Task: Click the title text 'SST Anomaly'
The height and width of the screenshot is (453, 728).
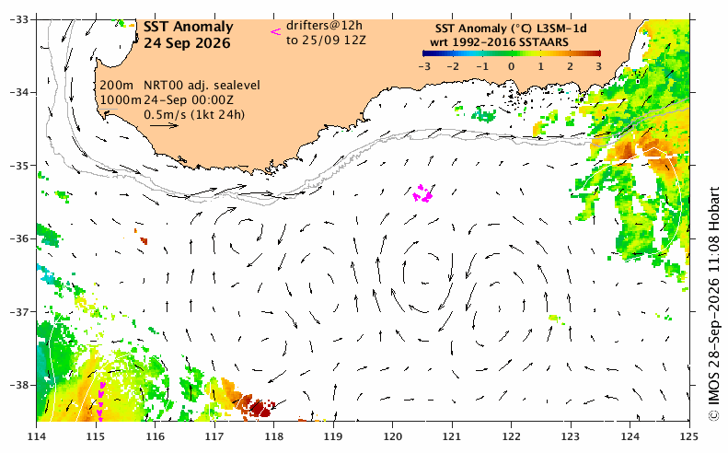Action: (x=188, y=28)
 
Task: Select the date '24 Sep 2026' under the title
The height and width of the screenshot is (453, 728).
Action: (x=187, y=43)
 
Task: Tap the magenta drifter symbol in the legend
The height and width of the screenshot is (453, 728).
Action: (x=276, y=31)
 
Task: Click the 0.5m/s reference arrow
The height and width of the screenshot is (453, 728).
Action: (x=165, y=125)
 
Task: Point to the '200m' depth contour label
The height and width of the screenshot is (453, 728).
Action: (x=116, y=86)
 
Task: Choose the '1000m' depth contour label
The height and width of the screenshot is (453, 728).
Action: (x=121, y=99)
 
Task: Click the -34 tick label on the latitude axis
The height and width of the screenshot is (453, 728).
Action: (x=19, y=92)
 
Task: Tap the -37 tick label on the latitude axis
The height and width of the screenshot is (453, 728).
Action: (x=19, y=312)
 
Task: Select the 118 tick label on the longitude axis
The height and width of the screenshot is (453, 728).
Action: (x=273, y=436)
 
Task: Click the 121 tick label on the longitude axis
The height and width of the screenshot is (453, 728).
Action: (x=452, y=436)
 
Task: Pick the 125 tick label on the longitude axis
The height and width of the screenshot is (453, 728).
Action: (x=689, y=436)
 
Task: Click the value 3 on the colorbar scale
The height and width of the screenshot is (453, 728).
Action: (x=599, y=66)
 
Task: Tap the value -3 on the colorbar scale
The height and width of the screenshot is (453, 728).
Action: (x=424, y=66)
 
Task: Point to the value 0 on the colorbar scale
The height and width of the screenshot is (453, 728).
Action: (x=511, y=66)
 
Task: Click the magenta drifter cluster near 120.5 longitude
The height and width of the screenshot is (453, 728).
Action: (x=422, y=193)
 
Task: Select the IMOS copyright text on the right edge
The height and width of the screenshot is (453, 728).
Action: (x=713, y=305)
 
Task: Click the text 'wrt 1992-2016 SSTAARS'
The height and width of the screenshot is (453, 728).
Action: (x=499, y=42)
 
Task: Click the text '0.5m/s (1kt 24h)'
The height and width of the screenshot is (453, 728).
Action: (x=194, y=114)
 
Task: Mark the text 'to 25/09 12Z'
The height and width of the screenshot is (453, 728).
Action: (x=326, y=41)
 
